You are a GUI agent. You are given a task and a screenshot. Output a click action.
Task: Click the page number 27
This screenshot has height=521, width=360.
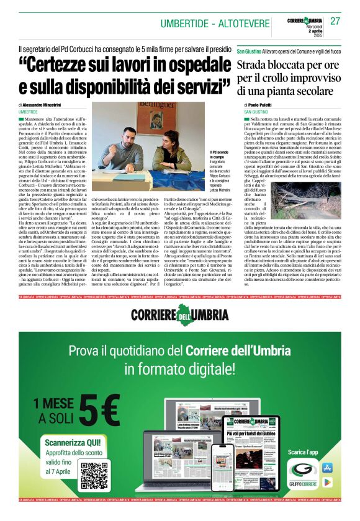pyautogui.click(x=335, y=21)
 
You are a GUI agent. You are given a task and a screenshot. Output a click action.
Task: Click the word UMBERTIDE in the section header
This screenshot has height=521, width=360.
pyautogui.click(x=184, y=24)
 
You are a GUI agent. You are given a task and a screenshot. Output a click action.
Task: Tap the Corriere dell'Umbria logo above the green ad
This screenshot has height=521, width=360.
pyautogui.click(x=179, y=313)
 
